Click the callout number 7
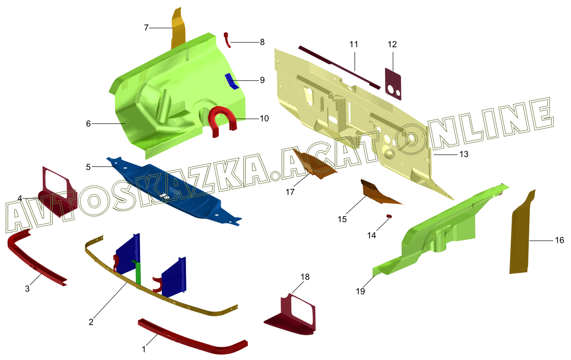[x=146, y=28]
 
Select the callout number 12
[x=392, y=44]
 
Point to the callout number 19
[x=360, y=291]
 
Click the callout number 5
[x=88, y=167]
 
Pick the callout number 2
[x=91, y=322]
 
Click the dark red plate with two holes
[x=393, y=83]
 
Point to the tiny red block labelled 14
[x=389, y=217]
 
